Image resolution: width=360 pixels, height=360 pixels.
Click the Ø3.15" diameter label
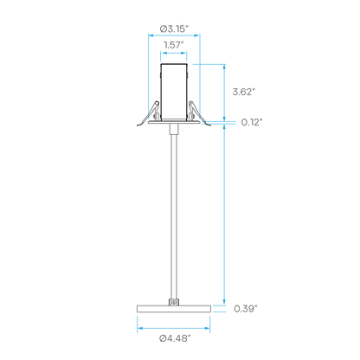(174, 29)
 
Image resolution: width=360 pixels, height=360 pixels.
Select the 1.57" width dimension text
(174, 45)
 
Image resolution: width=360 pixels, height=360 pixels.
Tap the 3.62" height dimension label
(244, 92)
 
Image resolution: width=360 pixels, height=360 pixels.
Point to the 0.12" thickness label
(252, 122)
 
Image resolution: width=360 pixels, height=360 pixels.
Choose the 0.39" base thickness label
(245, 309)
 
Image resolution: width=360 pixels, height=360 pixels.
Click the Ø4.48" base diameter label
(175, 338)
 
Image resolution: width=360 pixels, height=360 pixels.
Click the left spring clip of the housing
(149, 113)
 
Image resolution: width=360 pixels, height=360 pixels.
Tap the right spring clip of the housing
(198, 113)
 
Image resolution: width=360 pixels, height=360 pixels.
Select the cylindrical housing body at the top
(174, 92)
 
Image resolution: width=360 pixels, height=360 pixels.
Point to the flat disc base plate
(174, 309)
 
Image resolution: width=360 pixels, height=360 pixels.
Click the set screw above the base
(174, 302)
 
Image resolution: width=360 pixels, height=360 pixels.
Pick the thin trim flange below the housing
(174, 122)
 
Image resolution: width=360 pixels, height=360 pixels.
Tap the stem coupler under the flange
(174, 130)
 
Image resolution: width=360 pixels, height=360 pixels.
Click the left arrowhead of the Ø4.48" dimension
(140, 328)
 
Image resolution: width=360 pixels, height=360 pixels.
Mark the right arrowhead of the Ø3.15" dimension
(197, 35)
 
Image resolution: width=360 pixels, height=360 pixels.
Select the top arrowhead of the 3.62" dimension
(224, 67)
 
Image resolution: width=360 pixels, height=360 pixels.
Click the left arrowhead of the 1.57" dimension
(164, 53)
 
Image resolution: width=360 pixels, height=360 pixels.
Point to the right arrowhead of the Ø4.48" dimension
(207, 328)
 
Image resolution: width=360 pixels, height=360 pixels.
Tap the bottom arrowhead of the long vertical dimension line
(224, 302)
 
